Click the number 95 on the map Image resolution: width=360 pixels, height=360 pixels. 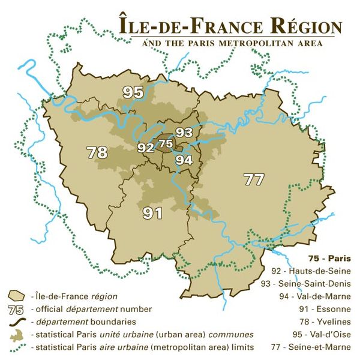pos(133,92)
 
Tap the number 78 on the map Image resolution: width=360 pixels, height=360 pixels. pos(97,152)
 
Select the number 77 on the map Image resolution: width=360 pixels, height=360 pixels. pos(254,179)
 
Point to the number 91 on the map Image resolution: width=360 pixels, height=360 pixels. pos(152,212)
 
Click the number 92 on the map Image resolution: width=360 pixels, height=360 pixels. pos(145,147)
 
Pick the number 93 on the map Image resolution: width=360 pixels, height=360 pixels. pos(183,133)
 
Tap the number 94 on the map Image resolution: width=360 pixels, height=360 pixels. pos(184,160)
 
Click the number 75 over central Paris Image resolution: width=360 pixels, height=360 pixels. pos(165,144)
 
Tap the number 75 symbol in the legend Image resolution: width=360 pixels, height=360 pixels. pos(17,310)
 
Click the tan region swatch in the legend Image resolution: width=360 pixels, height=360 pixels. pos(17,296)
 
